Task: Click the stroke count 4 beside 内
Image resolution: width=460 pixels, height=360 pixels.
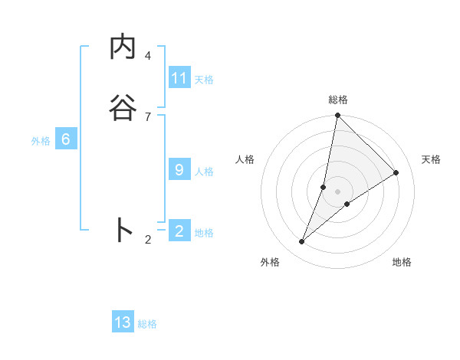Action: click(x=148, y=56)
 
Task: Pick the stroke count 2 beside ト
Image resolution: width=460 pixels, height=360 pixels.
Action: click(x=148, y=240)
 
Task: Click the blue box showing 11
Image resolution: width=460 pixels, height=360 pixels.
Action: click(x=179, y=78)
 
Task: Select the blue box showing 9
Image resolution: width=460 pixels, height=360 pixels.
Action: click(x=179, y=170)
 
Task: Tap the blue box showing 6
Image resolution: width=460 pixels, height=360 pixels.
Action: click(x=66, y=139)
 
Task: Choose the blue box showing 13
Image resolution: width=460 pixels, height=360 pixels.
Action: click(x=123, y=322)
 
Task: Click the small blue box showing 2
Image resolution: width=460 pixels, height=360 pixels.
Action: click(x=179, y=231)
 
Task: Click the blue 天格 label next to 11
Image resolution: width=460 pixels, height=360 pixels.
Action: click(x=204, y=79)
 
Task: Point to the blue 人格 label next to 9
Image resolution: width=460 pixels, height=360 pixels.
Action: click(x=204, y=171)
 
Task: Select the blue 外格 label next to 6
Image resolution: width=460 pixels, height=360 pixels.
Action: click(x=41, y=140)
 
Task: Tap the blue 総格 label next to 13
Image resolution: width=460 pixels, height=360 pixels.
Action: click(x=147, y=324)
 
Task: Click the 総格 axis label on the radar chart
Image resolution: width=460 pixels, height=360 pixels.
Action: click(x=337, y=100)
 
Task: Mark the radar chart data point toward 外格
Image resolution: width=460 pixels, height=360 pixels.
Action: click(x=302, y=242)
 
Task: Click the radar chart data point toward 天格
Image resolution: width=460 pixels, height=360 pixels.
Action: click(x=396, y=173)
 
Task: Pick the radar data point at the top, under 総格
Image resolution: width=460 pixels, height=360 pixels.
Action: click(x=337, y=116)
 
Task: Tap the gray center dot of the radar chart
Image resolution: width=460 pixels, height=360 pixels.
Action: click(x=337, y=191)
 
